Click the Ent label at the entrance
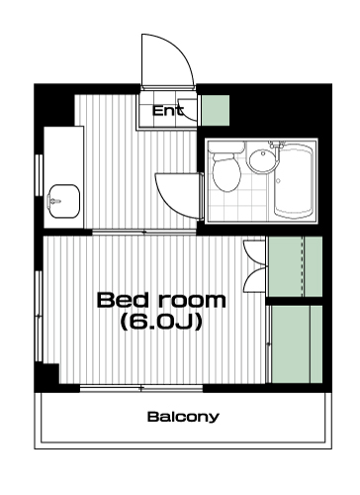coord(167,110)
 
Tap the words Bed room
coord(161,300)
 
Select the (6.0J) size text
coord(161,322)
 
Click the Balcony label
coord(183,417)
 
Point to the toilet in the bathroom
coord(226,167)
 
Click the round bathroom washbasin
coord(263,160)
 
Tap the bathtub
coord(294,181)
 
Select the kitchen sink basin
coord(64,201)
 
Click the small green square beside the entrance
coord(216,110)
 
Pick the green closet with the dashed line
coord(295,266)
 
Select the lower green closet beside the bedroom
coord(297,345)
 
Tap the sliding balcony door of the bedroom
coord(141,388)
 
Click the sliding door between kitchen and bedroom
coord(144,232)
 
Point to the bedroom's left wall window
coord(39,316)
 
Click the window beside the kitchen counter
coord(40,175)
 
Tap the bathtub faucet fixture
coord(277,145)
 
